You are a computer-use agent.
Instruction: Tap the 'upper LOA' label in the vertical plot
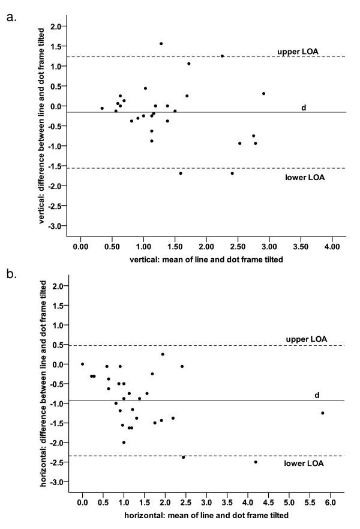301,52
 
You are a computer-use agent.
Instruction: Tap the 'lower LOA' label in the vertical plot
305,178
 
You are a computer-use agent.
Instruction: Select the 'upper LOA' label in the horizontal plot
302,339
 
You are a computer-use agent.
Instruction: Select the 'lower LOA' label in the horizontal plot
305,463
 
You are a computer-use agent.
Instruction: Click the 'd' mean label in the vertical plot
304,107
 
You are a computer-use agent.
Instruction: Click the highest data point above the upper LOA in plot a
161,43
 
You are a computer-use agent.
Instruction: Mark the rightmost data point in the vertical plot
263,93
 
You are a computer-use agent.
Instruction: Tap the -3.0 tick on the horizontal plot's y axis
56,482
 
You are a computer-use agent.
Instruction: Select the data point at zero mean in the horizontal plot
82,364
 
